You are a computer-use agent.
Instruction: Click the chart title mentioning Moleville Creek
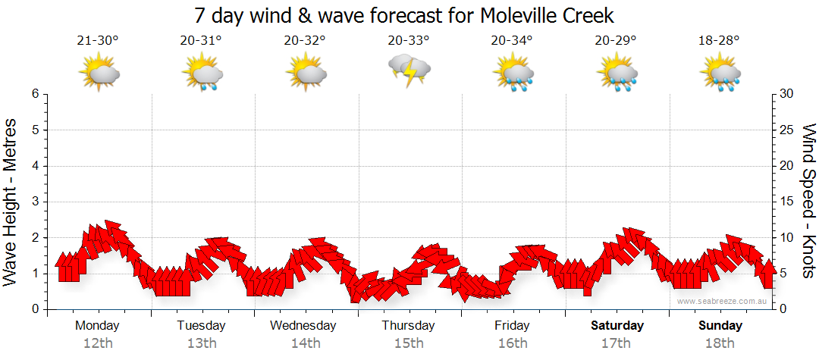[403, 15]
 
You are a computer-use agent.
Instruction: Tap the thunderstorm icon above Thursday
[409, 71]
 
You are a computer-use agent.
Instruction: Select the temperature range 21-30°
[98, 40]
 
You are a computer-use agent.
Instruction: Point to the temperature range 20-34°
[512, 40]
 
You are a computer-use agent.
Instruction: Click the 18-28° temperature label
[719, 40]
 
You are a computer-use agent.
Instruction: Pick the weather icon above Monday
[99, 74]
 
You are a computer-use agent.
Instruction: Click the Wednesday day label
[303, 326]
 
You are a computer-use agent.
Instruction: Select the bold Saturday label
[617, 326]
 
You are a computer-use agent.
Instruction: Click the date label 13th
[201, 343]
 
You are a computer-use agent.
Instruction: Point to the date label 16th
[513, 343]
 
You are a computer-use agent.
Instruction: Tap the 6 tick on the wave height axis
[35, 94]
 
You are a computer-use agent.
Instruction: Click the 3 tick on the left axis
[35, 202]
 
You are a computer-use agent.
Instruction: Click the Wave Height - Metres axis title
[12, 202]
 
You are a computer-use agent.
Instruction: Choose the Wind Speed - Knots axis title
[808, 202]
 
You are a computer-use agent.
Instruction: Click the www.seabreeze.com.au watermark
[723, 301]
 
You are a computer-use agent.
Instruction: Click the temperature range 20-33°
[409, 40]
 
